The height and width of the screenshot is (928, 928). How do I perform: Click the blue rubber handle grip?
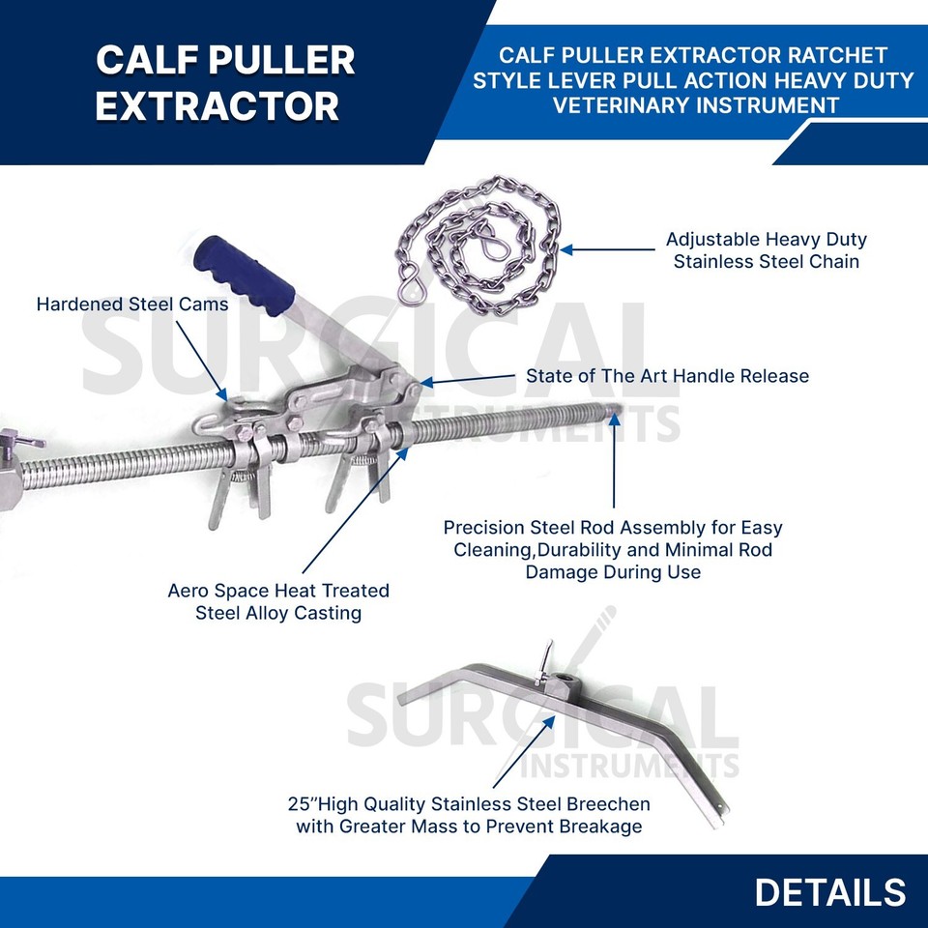pyautogui.click(x=244, y=275)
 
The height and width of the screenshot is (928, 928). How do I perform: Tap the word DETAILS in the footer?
pyautogui.click(x=829, y=892)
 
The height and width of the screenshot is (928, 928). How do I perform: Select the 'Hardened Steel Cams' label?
pyautogui.click(x=132, y=304)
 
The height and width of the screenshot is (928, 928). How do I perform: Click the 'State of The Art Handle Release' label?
pyautogui.click(x=667, y=376)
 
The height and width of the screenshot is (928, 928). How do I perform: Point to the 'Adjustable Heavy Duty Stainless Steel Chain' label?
pyautogui.click(x=766, y=249)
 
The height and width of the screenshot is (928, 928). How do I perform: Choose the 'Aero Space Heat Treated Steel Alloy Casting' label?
pyautogui.click(x=278, y=601)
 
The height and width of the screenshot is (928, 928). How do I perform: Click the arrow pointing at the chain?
pyautogui.click(x=607, y=249)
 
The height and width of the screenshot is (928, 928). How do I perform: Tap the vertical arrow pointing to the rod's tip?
pyautogui.click(x=615, y=460)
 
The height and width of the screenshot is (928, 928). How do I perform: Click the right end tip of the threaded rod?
pyautogui.click(x=619, y=407)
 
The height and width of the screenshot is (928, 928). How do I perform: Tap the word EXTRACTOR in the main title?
pyautogui.click(x=217, y=106)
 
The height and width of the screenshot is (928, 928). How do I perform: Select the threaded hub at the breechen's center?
pyautogui.click(x=558, y=682)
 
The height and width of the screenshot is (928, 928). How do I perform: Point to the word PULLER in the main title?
pyautogui.click(x=281, y=60)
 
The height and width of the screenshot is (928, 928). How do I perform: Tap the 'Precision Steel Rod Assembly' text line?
pyautogui.click(x=613, y=528)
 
